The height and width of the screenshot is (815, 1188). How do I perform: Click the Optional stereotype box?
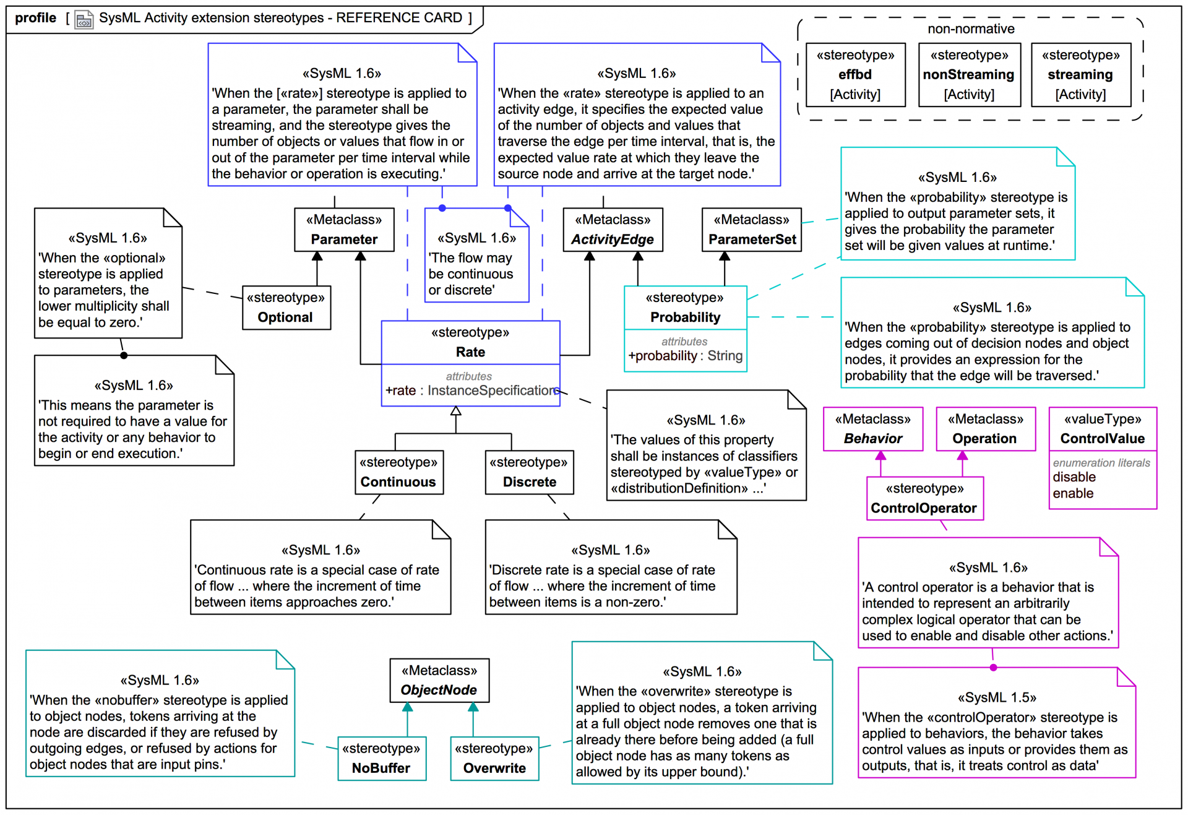(286, 308)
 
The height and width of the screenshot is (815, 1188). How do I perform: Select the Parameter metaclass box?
(344, 230)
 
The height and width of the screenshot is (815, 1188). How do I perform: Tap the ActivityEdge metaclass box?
(613, 230)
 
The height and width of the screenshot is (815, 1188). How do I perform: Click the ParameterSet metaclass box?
(751, 230)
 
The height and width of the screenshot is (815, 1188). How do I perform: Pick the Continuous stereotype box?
(399, 472)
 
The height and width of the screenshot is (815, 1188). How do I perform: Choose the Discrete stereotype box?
(529, 472)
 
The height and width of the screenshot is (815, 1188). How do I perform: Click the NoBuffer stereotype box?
(382, 758)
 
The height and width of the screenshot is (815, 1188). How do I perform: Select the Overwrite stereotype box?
(494, 758)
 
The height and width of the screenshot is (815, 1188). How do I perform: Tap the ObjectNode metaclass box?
(439, 680)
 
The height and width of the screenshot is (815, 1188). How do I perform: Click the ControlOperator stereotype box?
(924, 498)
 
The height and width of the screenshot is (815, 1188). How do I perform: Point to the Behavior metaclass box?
(873, 429)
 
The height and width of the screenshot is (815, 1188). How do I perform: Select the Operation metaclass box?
(985, 429)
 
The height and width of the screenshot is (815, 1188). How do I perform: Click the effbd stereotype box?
(855, 75)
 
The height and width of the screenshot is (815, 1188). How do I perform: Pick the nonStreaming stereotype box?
(969, 75)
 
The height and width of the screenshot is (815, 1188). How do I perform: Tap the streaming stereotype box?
(1080, 75)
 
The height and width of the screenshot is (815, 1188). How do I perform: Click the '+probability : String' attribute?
(685, 356)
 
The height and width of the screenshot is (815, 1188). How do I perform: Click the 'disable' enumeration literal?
(1074, 477)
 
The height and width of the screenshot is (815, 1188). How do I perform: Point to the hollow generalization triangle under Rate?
(456, 411)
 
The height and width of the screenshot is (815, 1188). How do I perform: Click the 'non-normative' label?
(971, 28)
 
